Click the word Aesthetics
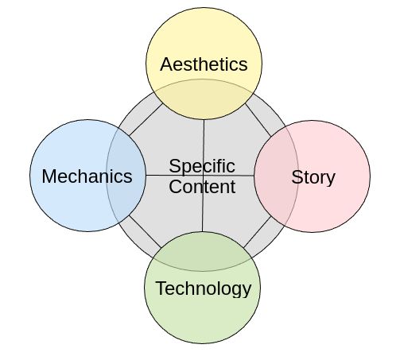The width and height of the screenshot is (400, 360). pos(204,64)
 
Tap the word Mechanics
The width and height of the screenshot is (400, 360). pos(87,176)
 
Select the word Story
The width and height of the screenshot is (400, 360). pos(313,178)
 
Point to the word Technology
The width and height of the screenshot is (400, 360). pos(204,288)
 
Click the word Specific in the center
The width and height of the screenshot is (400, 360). pos(202,167)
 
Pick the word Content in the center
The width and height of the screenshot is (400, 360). pos(202,187)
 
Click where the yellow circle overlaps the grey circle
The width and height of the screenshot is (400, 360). pos(204,99)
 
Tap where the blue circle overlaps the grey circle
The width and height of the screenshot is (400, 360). pos(126,176)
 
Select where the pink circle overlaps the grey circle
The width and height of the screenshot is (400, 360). pos(276,176)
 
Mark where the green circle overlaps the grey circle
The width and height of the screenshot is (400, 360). pos(202,252)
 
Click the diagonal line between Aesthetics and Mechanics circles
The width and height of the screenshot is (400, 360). pos(146,119)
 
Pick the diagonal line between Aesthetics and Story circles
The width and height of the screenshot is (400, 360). pos(258,120)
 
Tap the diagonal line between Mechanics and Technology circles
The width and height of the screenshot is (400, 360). pos(145,232)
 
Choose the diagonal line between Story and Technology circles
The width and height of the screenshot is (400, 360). pos(258,232)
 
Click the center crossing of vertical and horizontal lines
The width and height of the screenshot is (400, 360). pos(203,175)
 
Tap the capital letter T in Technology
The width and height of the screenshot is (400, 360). pos(161,288)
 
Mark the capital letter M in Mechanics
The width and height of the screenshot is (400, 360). pos(49,176)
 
